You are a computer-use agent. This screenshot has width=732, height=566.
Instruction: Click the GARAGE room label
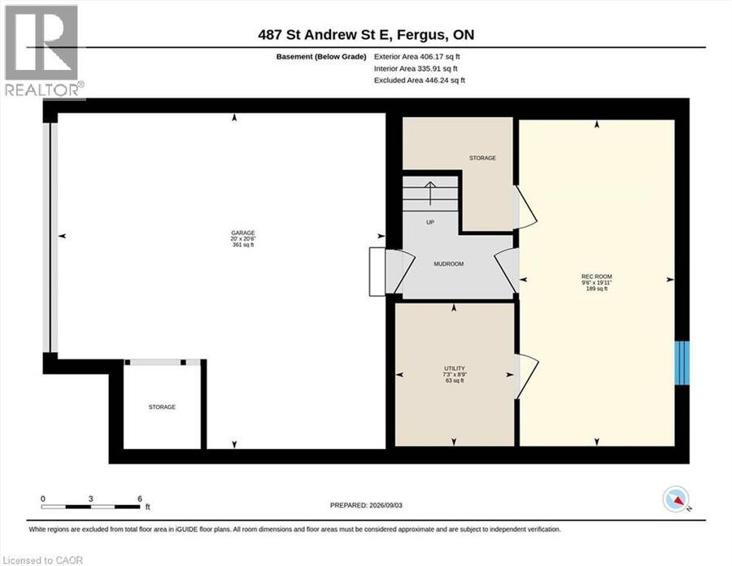(242, 233)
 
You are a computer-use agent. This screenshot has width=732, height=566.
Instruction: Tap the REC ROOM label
(597, 276)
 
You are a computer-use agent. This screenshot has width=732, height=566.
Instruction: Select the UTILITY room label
(454, 368)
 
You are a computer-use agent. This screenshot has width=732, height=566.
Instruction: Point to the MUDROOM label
(449, 263)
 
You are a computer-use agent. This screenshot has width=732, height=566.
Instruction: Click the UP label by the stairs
(430, 222)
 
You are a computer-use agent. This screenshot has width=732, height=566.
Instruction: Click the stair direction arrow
(430, 193)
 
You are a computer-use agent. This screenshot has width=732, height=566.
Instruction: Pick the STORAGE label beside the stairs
(482, 158)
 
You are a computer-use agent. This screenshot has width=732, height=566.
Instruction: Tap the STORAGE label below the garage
(162, 407)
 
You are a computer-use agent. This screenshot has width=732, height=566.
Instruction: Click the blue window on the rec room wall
(682, 363)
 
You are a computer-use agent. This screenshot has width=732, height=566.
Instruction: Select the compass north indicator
(676, 499)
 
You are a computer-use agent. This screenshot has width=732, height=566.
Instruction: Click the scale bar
(90, 507)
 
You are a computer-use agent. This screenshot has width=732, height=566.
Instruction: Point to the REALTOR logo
(43, 50)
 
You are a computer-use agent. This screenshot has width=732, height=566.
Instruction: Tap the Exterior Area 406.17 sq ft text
(417, 56)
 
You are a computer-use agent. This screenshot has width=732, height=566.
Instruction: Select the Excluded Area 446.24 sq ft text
(419, 80)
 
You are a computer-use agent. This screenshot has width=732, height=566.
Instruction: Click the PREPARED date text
(366, 505)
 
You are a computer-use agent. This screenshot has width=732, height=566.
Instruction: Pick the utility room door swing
(526, 376)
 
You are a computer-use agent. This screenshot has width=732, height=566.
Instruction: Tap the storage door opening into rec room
(525, 207)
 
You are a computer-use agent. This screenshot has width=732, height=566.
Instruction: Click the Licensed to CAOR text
(42, 560)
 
